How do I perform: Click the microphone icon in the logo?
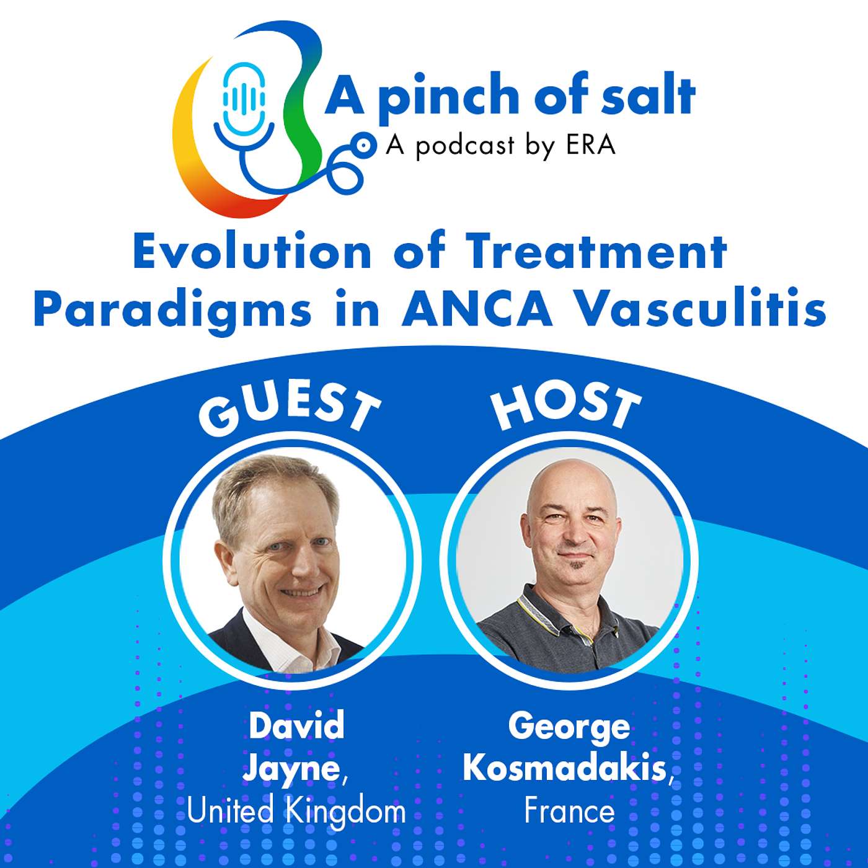[244, 99]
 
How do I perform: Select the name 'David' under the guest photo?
[296, 725]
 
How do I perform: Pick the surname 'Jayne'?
[291, 769]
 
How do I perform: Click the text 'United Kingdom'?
[296, 810]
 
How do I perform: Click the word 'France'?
[569, 810]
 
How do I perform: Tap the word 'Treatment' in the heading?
[595, 252]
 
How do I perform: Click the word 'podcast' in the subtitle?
[465, 146]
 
